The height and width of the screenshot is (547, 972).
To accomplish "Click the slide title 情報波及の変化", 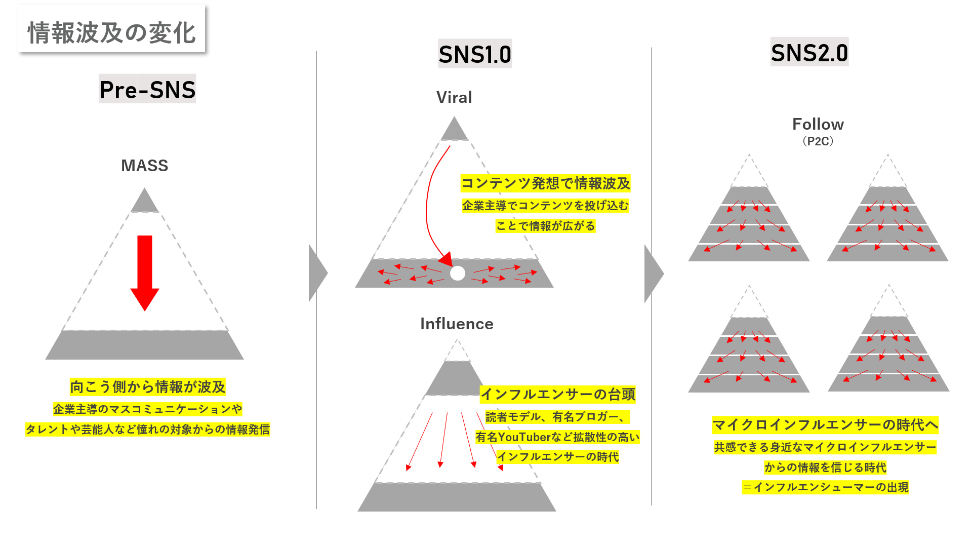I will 111,32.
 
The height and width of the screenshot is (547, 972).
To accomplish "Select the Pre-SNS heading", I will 147,90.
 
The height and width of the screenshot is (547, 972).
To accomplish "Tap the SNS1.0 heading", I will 475,54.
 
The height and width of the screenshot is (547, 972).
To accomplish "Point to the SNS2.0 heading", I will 809,52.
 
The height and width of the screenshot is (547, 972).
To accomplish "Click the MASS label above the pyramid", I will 144,166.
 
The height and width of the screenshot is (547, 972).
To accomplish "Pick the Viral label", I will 454,97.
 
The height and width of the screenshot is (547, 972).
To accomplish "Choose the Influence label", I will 457,324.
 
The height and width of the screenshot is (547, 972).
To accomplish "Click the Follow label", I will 818,124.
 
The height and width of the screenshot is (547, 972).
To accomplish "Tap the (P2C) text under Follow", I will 818,141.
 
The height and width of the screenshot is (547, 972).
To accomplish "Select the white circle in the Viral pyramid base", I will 458,273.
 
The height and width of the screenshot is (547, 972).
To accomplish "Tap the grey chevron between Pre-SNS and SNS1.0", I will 317,273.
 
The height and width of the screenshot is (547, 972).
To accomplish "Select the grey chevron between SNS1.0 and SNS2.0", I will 653,273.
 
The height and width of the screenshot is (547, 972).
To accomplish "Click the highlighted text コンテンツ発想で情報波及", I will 545,183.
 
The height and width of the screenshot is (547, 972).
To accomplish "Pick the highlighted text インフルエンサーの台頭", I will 557,394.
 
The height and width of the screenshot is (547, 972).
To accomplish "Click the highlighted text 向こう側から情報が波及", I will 147,387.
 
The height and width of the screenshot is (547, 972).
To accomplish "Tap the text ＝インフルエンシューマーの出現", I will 825,487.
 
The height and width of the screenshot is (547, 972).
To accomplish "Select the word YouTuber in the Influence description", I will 524,437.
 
